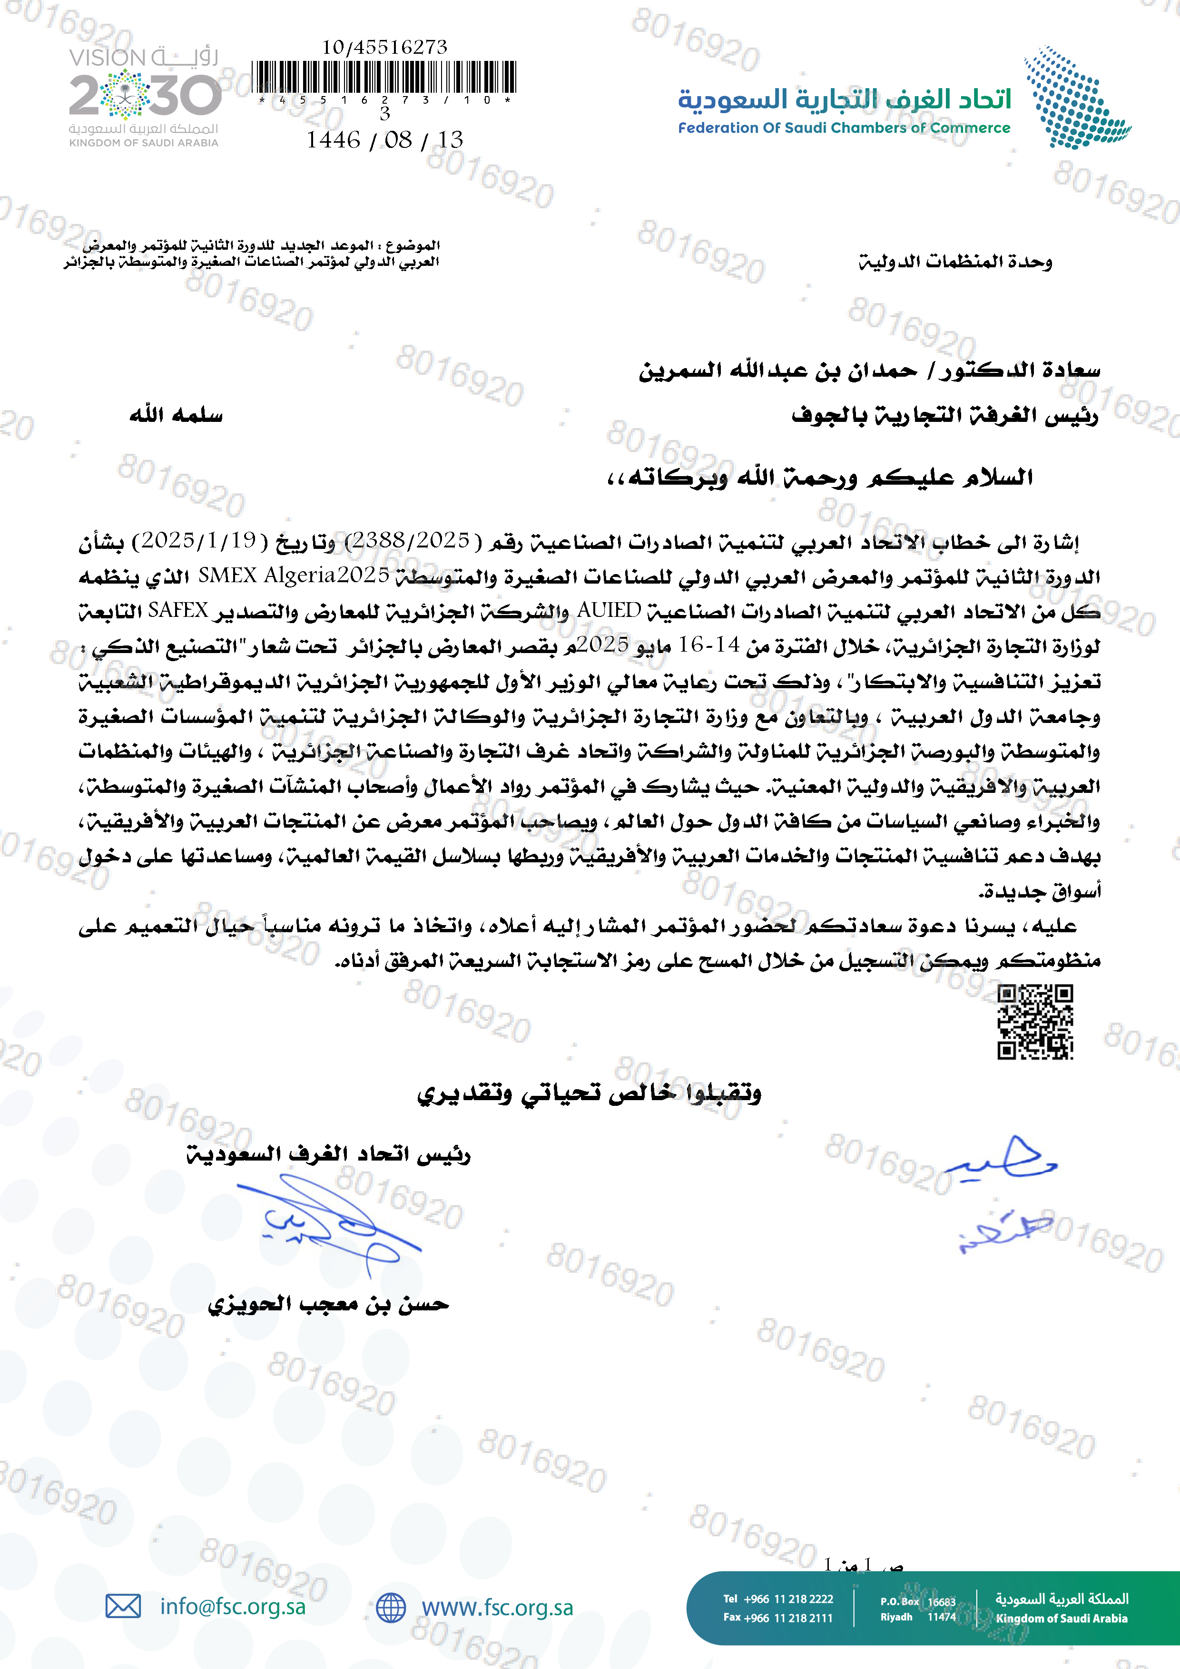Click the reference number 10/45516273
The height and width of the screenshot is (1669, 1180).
(384, 47)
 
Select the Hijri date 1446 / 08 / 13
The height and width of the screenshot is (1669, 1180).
(384, 139)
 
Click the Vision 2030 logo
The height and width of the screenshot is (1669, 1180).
(145, 97)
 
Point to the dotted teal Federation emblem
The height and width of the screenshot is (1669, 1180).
(1075, 98)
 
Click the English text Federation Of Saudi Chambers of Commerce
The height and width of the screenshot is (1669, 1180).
(844, 128)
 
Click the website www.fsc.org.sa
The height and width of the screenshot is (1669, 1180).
(497, 1607)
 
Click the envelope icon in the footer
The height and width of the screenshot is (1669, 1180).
(123, 1606)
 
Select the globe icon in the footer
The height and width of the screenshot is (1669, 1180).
(391, 1607)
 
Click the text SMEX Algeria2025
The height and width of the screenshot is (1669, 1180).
(294, 576)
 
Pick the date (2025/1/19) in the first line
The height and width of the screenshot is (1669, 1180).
(198, 541)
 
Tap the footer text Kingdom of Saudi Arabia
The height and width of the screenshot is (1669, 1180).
(1062, 1618)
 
